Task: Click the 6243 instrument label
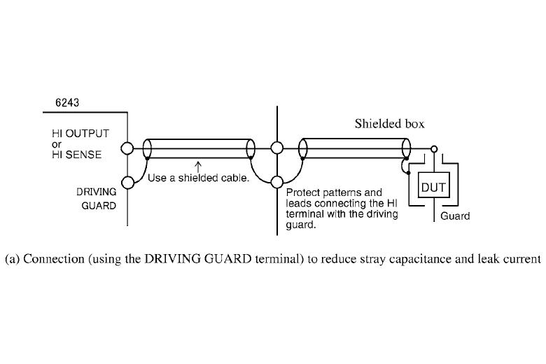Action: point(68,103)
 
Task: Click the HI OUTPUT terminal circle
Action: point(127,148)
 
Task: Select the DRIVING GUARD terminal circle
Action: point(127,183)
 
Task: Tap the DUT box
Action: point(432,188)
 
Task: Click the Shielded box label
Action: point(389,124)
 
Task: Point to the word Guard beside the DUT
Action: point(455,216)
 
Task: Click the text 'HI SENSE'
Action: point(76,155)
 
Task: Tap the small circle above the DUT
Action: point(435,148)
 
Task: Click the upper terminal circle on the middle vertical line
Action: point(277,148)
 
